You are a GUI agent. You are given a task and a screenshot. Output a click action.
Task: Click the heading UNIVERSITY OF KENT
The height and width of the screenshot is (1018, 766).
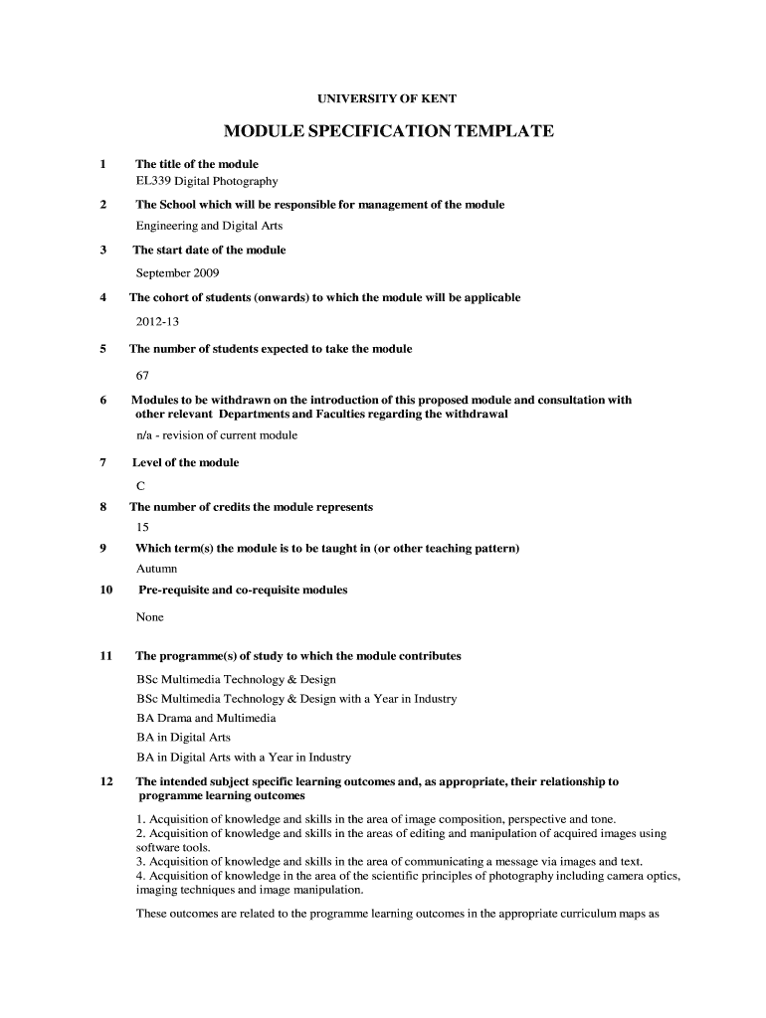(386, 99)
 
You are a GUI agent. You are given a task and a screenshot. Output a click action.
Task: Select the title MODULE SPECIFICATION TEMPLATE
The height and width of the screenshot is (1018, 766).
(388, 132)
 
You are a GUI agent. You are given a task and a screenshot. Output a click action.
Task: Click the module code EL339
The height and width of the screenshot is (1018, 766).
(153, 181)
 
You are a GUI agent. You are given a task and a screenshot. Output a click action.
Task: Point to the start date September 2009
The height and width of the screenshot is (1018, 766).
(177, 272)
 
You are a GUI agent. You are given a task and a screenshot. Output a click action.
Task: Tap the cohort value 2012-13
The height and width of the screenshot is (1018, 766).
(157, 321)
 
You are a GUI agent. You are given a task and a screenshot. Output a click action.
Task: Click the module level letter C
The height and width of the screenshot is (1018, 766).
(140, 486)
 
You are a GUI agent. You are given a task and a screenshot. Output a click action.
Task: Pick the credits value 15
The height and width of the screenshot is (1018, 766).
(142, 527)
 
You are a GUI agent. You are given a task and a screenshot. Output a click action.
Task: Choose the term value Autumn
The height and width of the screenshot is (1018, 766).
(156, 569)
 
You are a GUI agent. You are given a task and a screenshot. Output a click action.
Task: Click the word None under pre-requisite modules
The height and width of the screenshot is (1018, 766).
(149, 616)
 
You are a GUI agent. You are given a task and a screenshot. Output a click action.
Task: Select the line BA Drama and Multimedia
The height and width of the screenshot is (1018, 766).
(206, 718)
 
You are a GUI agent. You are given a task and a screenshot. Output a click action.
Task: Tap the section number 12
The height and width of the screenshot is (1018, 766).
(106, 781)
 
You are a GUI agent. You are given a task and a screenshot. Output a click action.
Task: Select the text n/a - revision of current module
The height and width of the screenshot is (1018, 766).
(216, 434)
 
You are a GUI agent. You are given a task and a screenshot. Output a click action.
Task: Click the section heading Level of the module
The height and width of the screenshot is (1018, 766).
(185, 462)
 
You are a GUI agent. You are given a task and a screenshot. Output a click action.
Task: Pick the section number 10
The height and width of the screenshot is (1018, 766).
(106, 590)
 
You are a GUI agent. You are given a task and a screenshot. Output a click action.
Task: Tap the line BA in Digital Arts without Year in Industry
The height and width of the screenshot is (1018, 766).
(183, 737)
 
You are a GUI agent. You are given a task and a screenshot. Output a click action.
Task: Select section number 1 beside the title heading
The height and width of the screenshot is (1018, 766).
(102, 164)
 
